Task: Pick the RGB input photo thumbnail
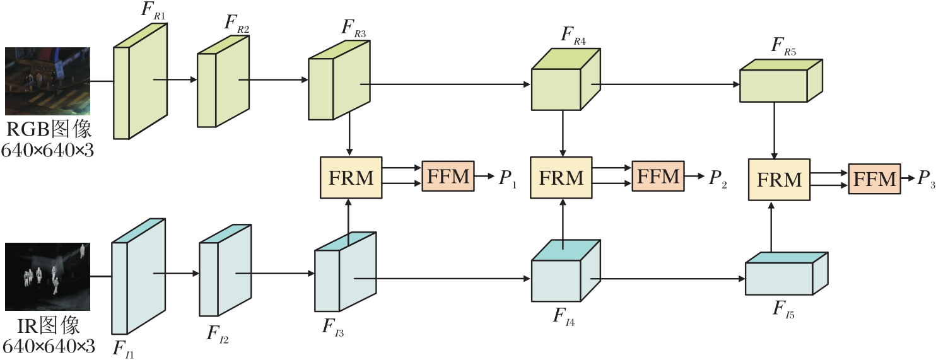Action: tap(47, 81)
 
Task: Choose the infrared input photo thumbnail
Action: tap(47, 276)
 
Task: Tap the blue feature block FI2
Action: tap(225, 278)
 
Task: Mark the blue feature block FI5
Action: tap(786, 274)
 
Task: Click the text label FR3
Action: tap(354, 29)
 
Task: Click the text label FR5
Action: tap(784, 48)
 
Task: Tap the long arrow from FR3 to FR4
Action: tap(448, 84)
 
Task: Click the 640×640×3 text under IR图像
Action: tap(49, 347)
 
